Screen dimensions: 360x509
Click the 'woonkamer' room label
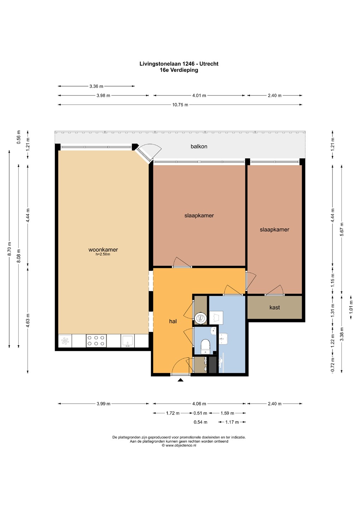click(x=103, y=250)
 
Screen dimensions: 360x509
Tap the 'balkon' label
click(x=199, y=147)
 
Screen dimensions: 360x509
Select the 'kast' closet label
click(x=275, y=308)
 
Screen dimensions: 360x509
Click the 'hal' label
click(x=173, y=321)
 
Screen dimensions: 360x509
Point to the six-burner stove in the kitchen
click(x=96, y=341)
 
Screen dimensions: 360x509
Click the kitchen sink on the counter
click(x=128, y=341)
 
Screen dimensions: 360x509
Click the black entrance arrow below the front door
click(x=181, y=380)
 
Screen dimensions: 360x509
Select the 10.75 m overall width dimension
click(x=180, y=105)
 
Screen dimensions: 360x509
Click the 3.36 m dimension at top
click(x=96, y=86)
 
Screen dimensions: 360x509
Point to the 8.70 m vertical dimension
click(x=9, y=249)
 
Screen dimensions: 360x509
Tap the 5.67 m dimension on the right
click(x=342, y=229)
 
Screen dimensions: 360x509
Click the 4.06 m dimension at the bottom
click(x=199, y=404)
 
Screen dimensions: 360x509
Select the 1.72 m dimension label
click(x=173, y=413)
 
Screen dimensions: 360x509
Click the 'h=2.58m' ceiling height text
click(x=103, y=254)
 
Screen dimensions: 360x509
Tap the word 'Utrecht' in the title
click(x=209, y=64)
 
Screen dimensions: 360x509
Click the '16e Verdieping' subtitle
click(x=179, y=70)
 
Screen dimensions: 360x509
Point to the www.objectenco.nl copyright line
click(x=179, y=446)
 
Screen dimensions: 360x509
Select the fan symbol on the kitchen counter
click(x=65, y=341)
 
